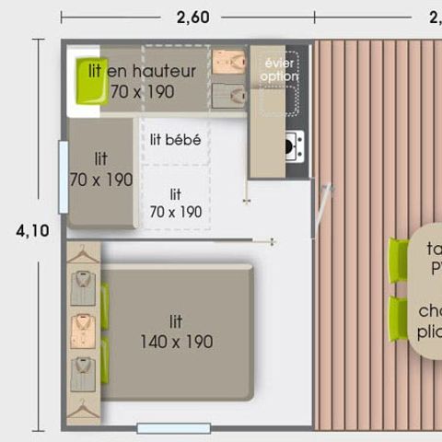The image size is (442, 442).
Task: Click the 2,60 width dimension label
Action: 187,15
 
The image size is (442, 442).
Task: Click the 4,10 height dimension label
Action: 32,231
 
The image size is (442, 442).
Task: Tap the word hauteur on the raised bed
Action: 165,71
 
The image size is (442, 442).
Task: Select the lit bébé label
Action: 175,141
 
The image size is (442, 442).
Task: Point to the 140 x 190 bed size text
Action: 176,342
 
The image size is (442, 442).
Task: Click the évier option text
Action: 280,70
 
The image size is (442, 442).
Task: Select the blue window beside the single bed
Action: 64,177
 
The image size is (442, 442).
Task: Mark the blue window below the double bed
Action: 173,427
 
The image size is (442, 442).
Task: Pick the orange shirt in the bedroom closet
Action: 83,329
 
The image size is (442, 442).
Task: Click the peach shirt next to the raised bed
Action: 229,63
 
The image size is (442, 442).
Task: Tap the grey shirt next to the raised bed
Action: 229,93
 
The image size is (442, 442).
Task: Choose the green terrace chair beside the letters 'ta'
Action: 398,260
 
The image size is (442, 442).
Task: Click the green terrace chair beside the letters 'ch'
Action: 398,319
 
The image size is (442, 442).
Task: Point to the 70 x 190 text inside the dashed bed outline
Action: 175,212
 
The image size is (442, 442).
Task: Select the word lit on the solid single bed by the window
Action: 99,159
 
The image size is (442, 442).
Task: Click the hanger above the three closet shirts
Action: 83,252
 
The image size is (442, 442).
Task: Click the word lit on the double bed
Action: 176,321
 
